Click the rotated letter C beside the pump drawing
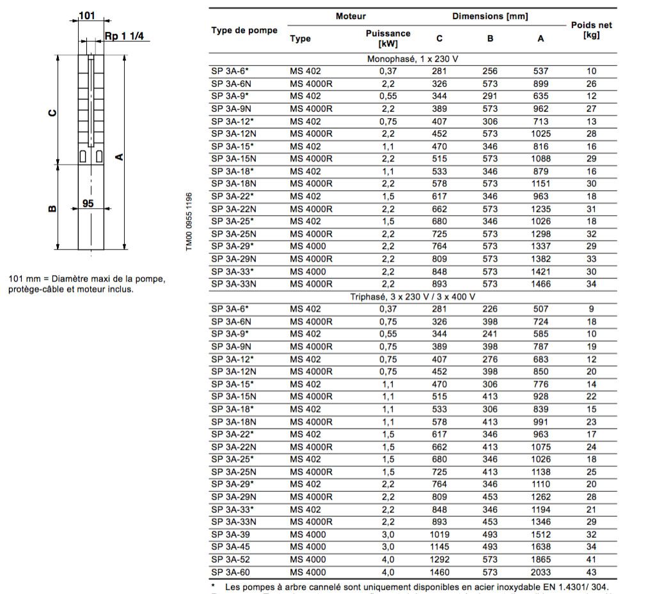click(53, 113)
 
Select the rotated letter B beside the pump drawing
click(53, 207)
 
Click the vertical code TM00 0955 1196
click(189, 222)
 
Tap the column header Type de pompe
click(244, 31)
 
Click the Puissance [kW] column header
click(388, 38)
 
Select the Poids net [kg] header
click(592, 31)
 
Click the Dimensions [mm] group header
click(490, 16)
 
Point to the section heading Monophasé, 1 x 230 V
click(413, 59)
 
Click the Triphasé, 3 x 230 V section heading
click(413, 297)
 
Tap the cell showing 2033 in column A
click(541, 572)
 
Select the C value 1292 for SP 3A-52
click(439, 560)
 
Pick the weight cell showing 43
click(592, 572)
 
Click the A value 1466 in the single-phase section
click(541, 284)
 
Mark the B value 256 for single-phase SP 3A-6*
click(490, 71)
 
